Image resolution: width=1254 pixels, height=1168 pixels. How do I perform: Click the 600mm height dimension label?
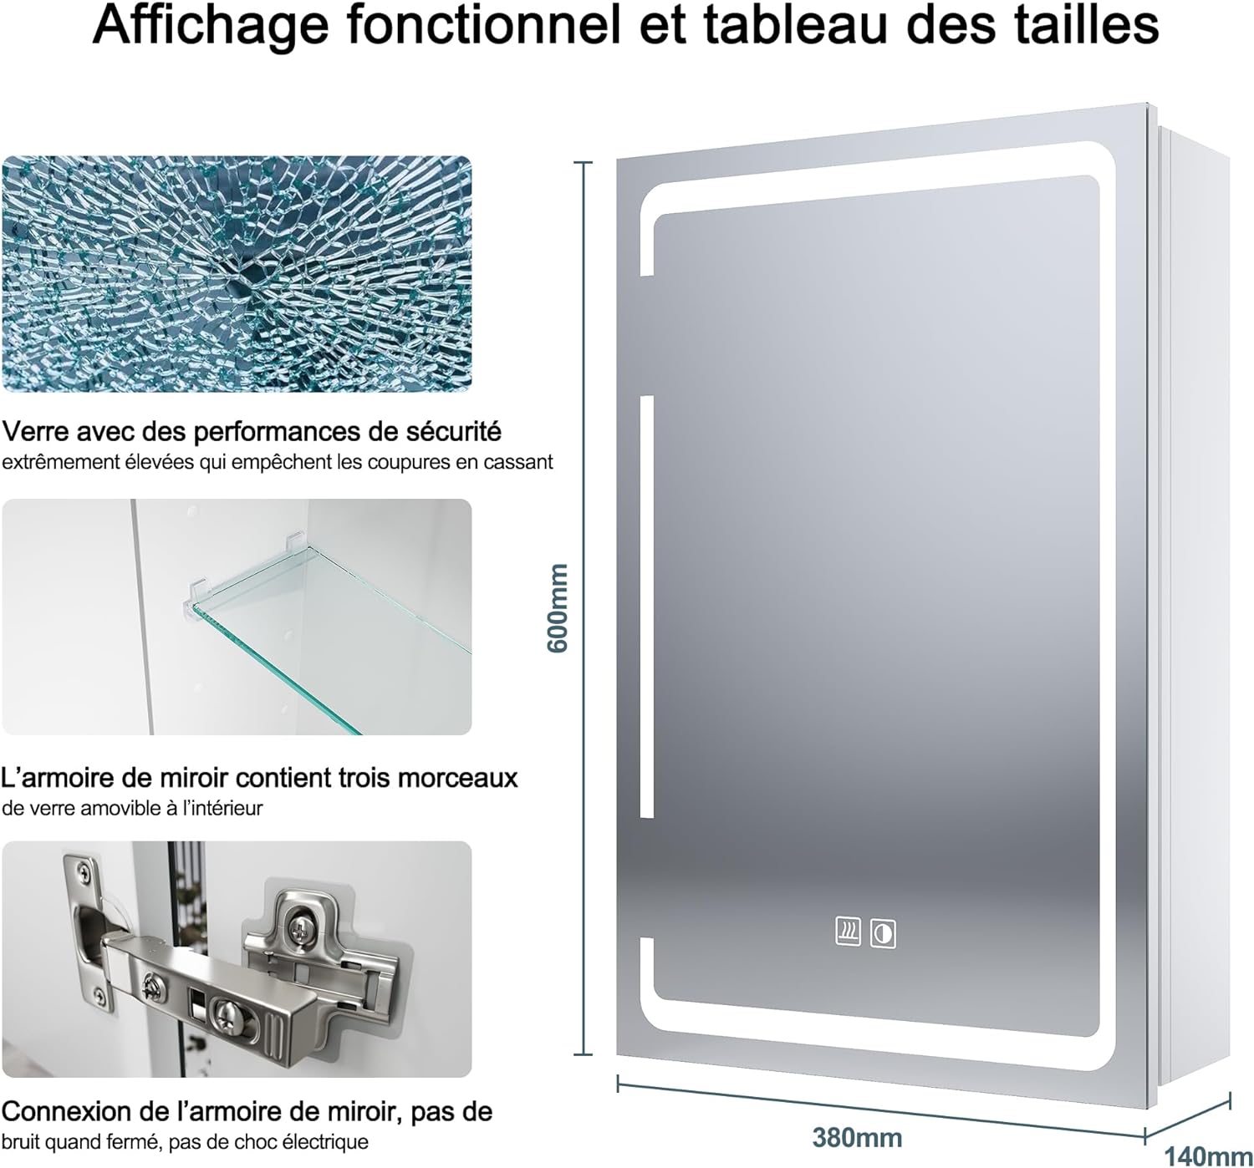click(558, 608)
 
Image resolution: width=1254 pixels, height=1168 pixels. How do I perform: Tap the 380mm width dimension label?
click(857, 1138)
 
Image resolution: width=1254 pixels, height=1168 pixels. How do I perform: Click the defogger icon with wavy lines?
click(848, 932)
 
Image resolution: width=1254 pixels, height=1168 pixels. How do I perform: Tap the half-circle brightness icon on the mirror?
click(883, 934)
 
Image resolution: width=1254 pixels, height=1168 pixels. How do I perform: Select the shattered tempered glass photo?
click(237, 274)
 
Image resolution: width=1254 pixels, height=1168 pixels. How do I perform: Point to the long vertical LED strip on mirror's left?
click(646, 607)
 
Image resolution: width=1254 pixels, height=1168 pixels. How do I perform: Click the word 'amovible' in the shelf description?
click(126, 808)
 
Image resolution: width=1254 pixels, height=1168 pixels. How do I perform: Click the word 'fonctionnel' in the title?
click(484, 26)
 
